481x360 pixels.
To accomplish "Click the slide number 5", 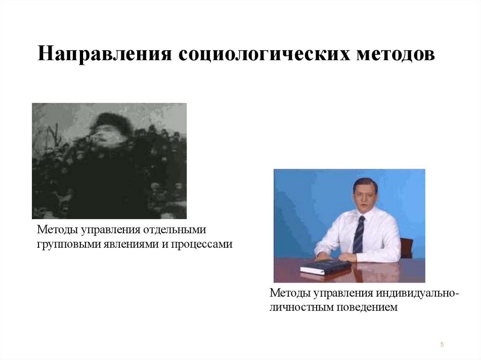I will pos(442,345).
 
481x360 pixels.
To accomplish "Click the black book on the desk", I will pos(325,267).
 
